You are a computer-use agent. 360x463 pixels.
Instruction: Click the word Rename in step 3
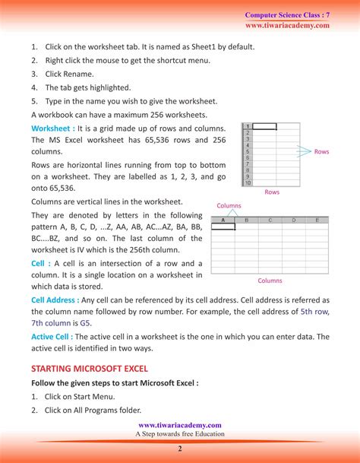80,75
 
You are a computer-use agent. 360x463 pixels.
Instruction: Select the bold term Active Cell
51,336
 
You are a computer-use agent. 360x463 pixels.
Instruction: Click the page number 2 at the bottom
180,449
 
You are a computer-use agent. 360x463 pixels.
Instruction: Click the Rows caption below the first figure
272,192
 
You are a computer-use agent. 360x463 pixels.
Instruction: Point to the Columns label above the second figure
229,206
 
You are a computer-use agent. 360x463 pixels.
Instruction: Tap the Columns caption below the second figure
270,281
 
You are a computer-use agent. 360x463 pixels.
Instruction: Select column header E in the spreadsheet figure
317,220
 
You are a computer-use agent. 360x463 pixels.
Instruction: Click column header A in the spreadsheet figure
223,220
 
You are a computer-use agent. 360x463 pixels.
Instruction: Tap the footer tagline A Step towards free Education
180,434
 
